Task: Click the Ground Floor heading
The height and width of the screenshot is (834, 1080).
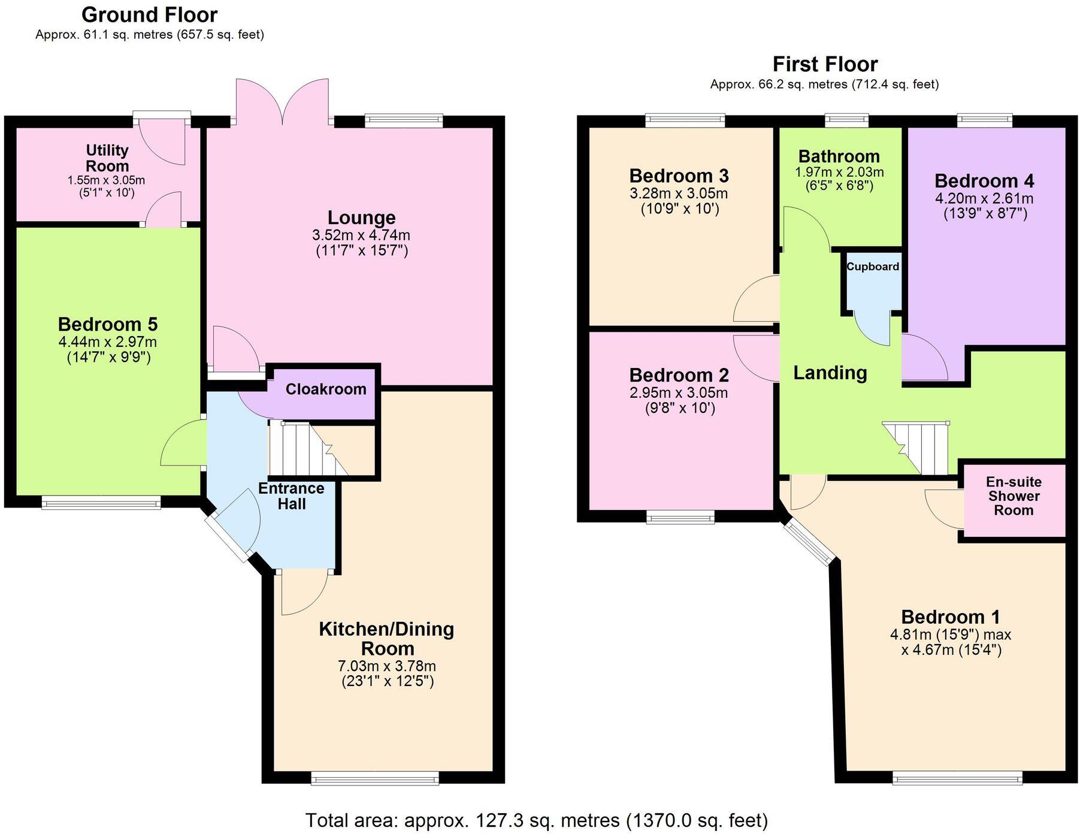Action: (x=149, y=14)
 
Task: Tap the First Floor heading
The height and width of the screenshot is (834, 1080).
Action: (x=824, y=64)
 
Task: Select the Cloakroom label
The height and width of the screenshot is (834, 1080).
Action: (x=326, y=389)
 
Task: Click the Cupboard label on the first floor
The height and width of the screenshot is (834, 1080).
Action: (x=872, y=267)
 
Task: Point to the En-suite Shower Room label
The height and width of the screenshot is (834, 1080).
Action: (x=1014, y=496)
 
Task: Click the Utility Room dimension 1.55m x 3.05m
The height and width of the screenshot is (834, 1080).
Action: (x=106, y=180)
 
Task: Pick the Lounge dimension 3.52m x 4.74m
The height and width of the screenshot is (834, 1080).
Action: (x=361, y=235)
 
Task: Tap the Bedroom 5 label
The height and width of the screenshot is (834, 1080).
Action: (x=108, y=324)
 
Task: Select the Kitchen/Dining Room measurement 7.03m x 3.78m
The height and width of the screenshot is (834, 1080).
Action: (x=387, y=666)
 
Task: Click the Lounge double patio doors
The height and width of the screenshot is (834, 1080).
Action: (x=282, y=102)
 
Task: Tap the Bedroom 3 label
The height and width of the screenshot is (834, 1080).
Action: (x=679, y=176)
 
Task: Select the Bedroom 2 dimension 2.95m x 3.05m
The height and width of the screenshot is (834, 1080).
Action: (x=679, y=393)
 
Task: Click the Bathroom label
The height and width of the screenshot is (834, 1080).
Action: (x=839, y=156)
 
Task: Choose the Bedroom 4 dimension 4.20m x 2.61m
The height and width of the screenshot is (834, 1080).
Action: (x=984, y=198)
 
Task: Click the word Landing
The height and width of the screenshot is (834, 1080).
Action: (x=830, y=373)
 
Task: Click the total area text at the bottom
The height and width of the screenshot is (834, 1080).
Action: (x=536, y=820)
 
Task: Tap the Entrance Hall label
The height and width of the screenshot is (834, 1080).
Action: (x=291, y=496)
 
